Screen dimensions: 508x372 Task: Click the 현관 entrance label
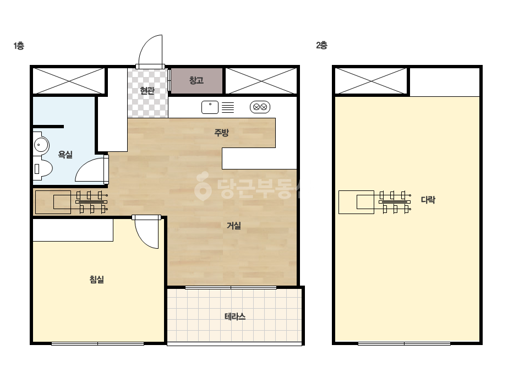(147, 91)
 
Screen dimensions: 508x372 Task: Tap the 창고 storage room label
(196, 80)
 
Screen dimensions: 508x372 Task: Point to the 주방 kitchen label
(222, 132)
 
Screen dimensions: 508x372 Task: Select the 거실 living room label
(233, 226)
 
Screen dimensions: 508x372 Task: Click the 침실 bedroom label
(96, 280)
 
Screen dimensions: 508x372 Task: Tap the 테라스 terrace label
(235, 316)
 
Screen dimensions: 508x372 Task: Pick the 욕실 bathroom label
(65, 155)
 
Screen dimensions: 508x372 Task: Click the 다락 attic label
(428, 200)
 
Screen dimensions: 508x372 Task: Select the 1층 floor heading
(19, 46)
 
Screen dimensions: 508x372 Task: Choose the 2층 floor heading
(322, 45)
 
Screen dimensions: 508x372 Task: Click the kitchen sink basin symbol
(210, 107)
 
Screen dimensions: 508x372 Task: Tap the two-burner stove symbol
(260, 107)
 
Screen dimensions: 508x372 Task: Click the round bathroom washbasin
(41, 144)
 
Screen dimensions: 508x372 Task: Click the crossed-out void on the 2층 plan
(371, 81)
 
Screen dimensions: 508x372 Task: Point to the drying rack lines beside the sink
(228, 107)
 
